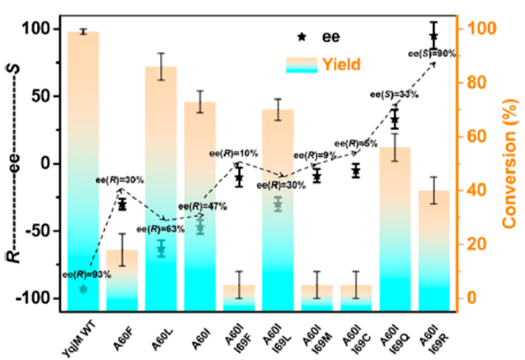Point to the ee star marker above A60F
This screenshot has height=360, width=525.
click(x=122, y=205)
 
